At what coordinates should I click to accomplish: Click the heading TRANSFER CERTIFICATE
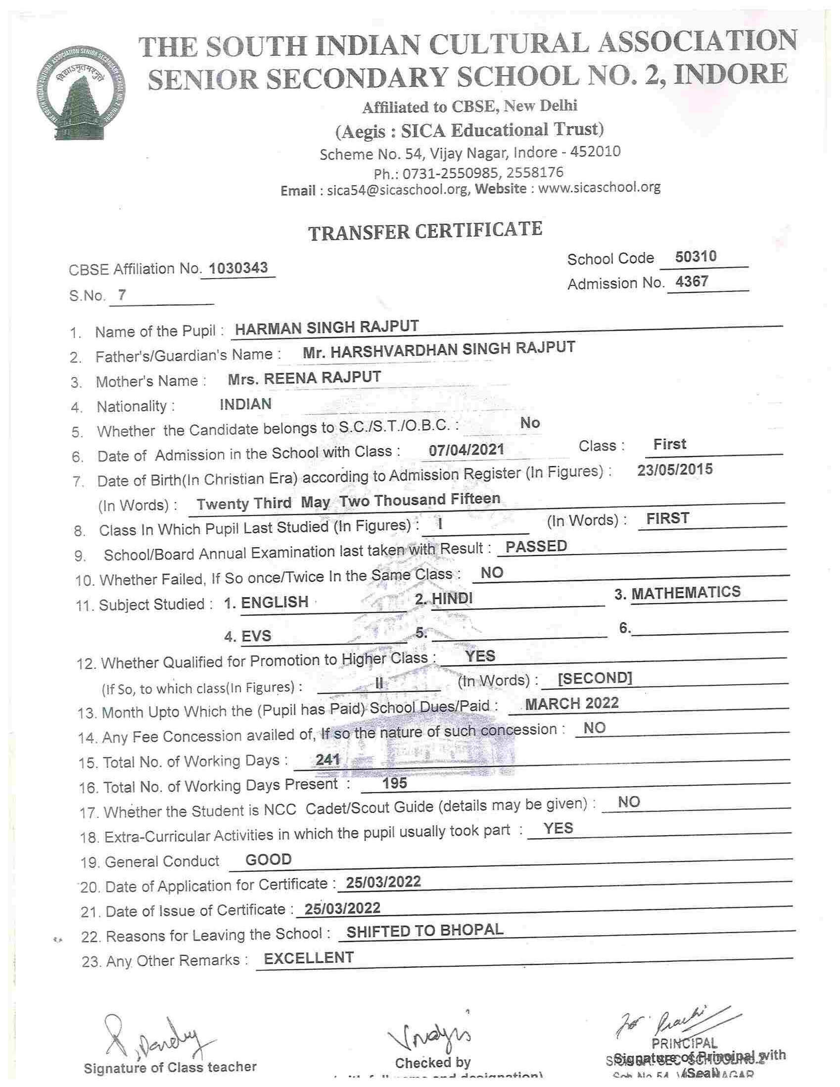[x=425, y=231]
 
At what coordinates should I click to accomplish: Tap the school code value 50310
[x=696, y=257]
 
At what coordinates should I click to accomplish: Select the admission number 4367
[x=692, y=282]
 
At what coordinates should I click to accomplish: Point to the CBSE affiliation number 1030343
[x=238, y=268]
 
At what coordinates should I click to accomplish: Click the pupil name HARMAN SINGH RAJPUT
[x=327, y=328]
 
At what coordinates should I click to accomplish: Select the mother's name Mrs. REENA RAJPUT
[x=304, y=378]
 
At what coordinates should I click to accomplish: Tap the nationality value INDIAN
[x=245, y=404]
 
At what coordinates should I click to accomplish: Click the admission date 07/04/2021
[x=467, y=450]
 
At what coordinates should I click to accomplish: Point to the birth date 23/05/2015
[x=675, y=470]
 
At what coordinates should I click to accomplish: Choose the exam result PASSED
[x=536, y=546]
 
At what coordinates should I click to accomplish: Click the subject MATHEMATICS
[x=686, y=592]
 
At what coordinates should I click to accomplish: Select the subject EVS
[x=256, y=636]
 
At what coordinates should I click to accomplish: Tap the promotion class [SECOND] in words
[x=595, y=678]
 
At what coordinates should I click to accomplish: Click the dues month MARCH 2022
[x=572, y=703]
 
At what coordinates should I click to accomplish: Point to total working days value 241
[x=327, y=759]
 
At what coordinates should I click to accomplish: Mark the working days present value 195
[x=395, y=783]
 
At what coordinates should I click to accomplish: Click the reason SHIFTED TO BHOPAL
[x=424, y=930]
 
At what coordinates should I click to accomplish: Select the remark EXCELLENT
[x=309, y=958]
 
